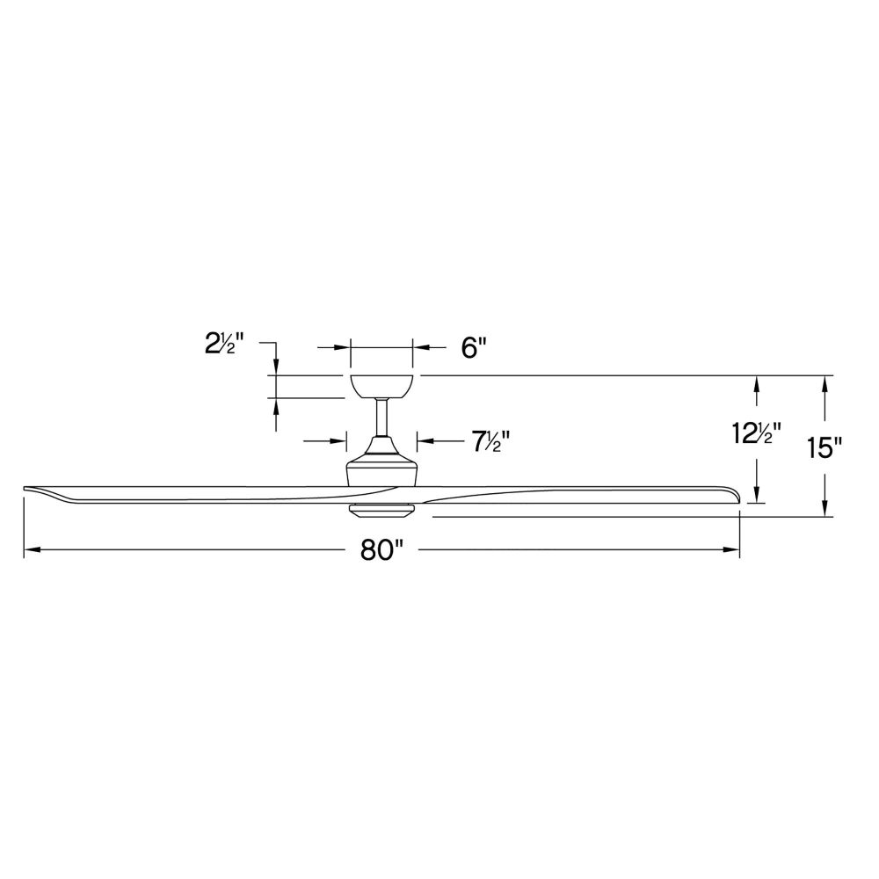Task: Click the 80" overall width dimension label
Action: [381, 550]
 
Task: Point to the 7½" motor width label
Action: [490, 441]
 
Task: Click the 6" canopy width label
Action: [473, 348]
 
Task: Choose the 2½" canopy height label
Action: [224, 344]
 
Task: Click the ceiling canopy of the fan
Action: [381, 386]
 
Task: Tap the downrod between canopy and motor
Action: [381, 417]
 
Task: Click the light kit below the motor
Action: [381, 510]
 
